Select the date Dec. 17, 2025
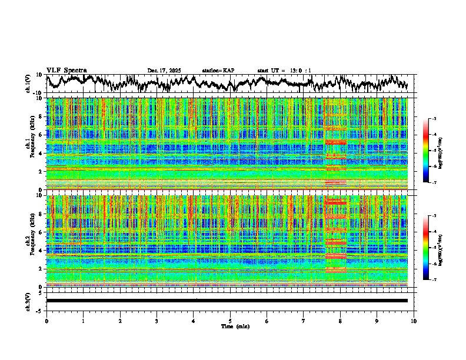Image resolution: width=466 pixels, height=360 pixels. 164,71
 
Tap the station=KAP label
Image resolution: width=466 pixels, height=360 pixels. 218,71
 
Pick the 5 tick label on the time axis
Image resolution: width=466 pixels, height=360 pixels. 230,321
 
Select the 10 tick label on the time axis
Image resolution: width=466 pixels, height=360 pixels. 414,321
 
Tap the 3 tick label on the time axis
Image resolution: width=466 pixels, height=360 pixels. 157,321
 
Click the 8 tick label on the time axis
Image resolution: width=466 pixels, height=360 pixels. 340,321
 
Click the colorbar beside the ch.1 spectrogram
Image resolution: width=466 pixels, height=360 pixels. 426,150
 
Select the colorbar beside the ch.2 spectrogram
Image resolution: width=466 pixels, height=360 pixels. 426,247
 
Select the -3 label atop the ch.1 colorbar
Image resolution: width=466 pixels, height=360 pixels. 433,119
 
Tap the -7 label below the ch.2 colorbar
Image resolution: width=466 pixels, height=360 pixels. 433,280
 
